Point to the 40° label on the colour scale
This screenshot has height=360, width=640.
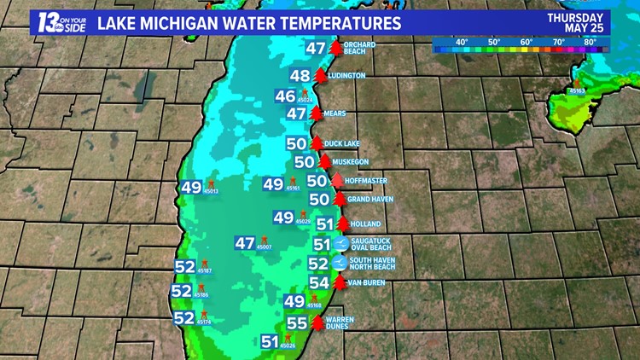pyautogui.click(x=462, y=41)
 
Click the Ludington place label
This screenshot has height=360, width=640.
pyautogui.click(x=348, y=76)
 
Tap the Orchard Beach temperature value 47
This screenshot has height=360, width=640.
pyautogui.click(x=316, y=49)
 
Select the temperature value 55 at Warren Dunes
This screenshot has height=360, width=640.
pyautogui.click(x=297, y=323)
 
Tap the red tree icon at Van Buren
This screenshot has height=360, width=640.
pyautogui.click(x=340, y=282)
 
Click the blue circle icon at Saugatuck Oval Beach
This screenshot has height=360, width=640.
pyautogui.click(x=340, y=244)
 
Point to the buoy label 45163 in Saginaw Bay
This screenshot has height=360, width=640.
pyautogui.click(x=578, y=90)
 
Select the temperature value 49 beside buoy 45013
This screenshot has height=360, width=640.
pyautogui.click(x=190, y=187)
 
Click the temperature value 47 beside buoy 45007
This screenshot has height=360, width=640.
pyautogui.click(x=245, y=243)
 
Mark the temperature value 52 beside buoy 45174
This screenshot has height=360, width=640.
pyautogui.click(x=183, y=317)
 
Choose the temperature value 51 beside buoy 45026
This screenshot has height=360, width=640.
pyautogui.click(x=270, y=341)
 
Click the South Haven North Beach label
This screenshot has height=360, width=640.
pyautogui.click(x=372, y=264)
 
